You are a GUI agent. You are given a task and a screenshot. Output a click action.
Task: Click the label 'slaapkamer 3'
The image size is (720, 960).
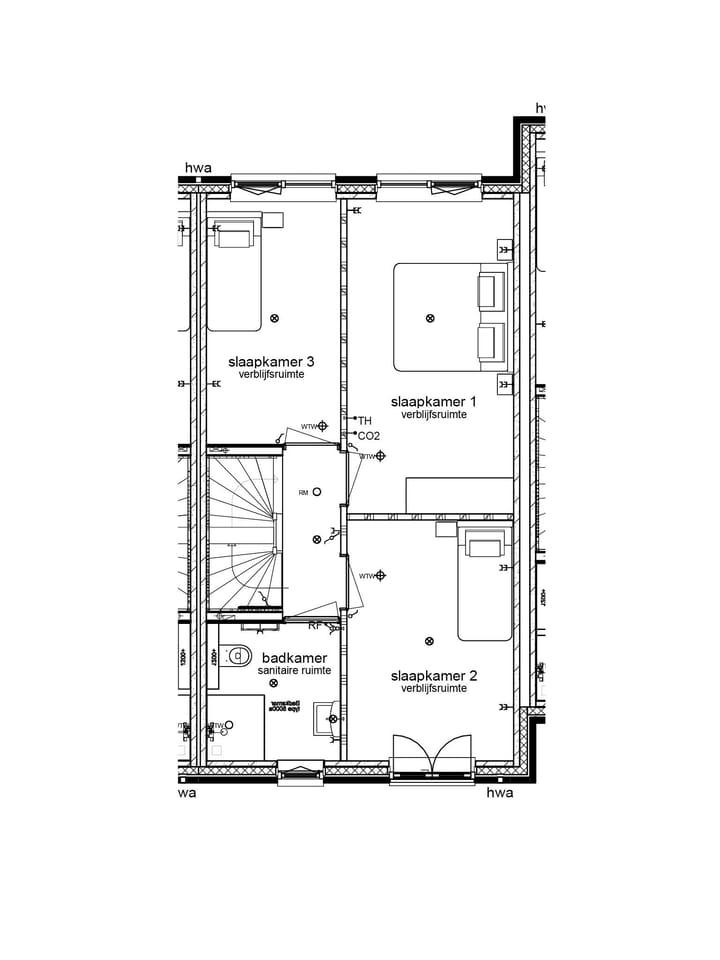coord(264,361)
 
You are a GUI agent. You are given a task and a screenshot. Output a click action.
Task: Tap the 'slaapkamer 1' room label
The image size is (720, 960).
coord(433,401)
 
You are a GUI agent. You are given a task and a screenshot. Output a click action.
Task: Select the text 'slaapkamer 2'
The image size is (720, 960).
coord(433,676)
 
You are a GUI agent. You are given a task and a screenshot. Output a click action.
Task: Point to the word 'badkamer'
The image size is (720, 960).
coord(294,658)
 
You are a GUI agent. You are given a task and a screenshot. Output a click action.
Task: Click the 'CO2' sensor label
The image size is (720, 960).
coord(368,436)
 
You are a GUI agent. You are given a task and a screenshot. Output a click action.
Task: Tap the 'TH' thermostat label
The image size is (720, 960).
coord(364,421)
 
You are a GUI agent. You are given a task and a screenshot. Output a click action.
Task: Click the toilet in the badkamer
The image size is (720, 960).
coord(239,656)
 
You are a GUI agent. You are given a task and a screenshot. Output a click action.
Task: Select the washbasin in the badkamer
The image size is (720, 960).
coord(326,718)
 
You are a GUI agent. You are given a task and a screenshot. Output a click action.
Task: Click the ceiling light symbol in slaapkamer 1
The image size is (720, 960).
coord(430,318)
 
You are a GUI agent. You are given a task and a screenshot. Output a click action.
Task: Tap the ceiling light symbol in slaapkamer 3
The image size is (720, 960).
coord(274,318)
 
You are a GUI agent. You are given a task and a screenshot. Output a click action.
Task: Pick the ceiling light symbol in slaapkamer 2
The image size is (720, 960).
coord(430,641)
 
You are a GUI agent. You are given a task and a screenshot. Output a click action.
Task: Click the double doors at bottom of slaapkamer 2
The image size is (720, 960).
coord(432,755)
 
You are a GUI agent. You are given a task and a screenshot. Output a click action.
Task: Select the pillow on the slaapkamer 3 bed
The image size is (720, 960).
coord(234,237)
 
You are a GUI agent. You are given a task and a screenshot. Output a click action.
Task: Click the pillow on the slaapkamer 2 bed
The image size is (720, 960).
coord(485,547)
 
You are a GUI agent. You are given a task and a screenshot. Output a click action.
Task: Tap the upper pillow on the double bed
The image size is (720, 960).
coord(491,292)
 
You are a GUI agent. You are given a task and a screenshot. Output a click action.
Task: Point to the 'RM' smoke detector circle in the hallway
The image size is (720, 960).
coord(317,491)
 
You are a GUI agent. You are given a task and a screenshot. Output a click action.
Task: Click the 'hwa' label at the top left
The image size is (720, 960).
coord(198,168)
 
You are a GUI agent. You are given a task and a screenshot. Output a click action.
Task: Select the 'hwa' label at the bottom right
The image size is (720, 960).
coord(499,793)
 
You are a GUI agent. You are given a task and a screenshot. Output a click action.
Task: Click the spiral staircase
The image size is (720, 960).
coord(243,530)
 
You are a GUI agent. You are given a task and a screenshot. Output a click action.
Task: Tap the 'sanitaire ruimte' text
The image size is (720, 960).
coord(294,671)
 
